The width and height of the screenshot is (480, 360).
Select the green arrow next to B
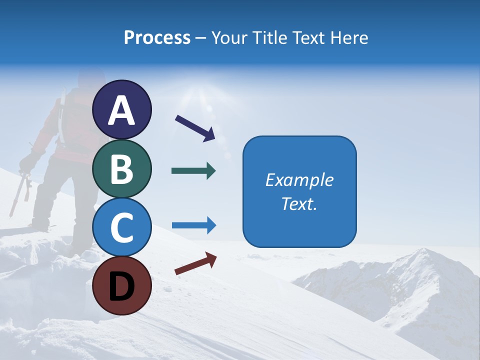point(193,171)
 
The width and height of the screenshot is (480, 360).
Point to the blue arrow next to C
point(193,225)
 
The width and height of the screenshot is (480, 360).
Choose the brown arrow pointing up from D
point(195,263)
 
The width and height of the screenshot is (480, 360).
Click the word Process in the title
point(157,38)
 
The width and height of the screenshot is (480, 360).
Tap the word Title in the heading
point(270,38)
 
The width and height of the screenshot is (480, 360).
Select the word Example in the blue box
point(299,180)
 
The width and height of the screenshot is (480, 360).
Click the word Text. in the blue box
point(299,203)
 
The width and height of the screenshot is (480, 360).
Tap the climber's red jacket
point(75,120)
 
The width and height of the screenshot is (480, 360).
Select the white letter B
point(121,169)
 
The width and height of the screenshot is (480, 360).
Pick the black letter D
point(121,286)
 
